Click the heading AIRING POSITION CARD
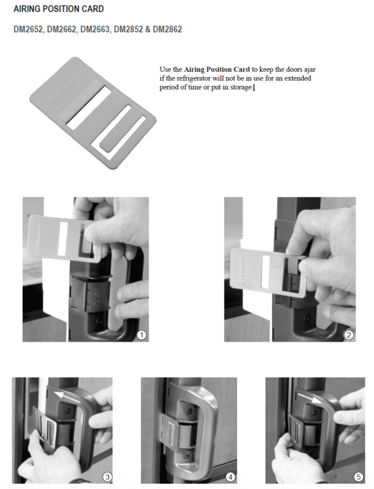click(59, 8)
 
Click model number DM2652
click(29, 29)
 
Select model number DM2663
click(95, 29)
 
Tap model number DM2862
click(167, 29)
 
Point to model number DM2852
click(129, 29)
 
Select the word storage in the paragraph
click(241, 87)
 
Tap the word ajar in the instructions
click(309, 70)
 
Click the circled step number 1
click(142, 335)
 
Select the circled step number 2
click(349, 335)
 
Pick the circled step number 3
click(107, 477)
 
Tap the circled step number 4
click(230, 477)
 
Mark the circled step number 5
click(358, 477)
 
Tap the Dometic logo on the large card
click(66, 89)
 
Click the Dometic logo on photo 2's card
click(242, 269)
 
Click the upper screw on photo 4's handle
click(189, 411)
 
